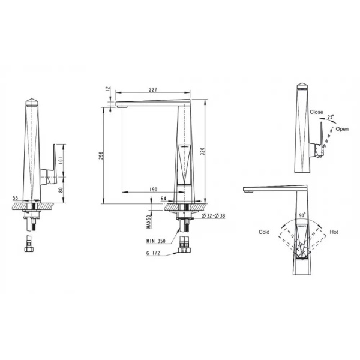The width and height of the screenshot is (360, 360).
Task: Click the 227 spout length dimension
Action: (153, 90)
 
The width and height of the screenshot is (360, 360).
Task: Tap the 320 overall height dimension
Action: (203, 152)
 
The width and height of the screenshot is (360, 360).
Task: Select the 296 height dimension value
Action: (101, 155)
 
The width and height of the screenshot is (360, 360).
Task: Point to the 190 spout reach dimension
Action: (154, 190)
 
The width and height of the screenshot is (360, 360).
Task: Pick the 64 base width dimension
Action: (163, 198)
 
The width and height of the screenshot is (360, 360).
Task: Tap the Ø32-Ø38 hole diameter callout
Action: (213, 215)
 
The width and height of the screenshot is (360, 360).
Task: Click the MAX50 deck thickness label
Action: (149, 221)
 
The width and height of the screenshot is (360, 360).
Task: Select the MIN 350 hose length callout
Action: (156, 241)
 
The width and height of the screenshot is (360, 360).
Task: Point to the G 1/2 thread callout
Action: (153, 253)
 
